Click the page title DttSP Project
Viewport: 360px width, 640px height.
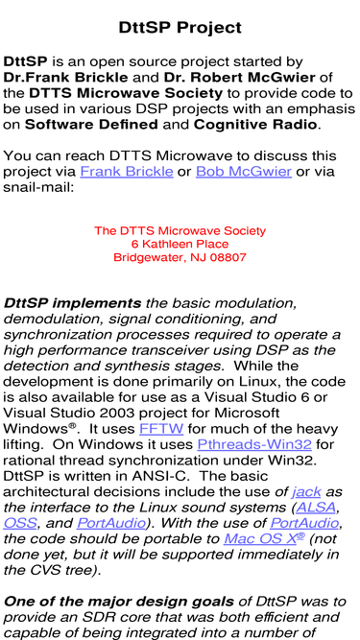point(180,28)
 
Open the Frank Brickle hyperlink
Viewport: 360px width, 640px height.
point(127,172)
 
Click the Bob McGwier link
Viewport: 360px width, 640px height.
point(244,172)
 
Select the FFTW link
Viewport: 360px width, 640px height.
point(161,429)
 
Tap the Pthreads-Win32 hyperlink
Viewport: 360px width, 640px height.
point(254,444)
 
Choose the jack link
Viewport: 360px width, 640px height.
point(306,492)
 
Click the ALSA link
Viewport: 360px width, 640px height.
point(317,508)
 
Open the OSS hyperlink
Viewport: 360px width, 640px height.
point(19,523)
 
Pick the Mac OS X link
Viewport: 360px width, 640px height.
point(264,539)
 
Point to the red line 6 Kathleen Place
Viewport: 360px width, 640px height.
point(180,244)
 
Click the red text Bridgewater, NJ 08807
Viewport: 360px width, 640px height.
point(180,257)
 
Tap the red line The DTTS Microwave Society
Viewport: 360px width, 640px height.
point(180,230)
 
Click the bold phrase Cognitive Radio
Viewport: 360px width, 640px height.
point(255,125)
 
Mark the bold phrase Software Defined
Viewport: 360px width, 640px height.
point(91,125)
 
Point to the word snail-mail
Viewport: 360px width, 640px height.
point(38,187)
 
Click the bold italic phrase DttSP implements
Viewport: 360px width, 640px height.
point(72,303)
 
